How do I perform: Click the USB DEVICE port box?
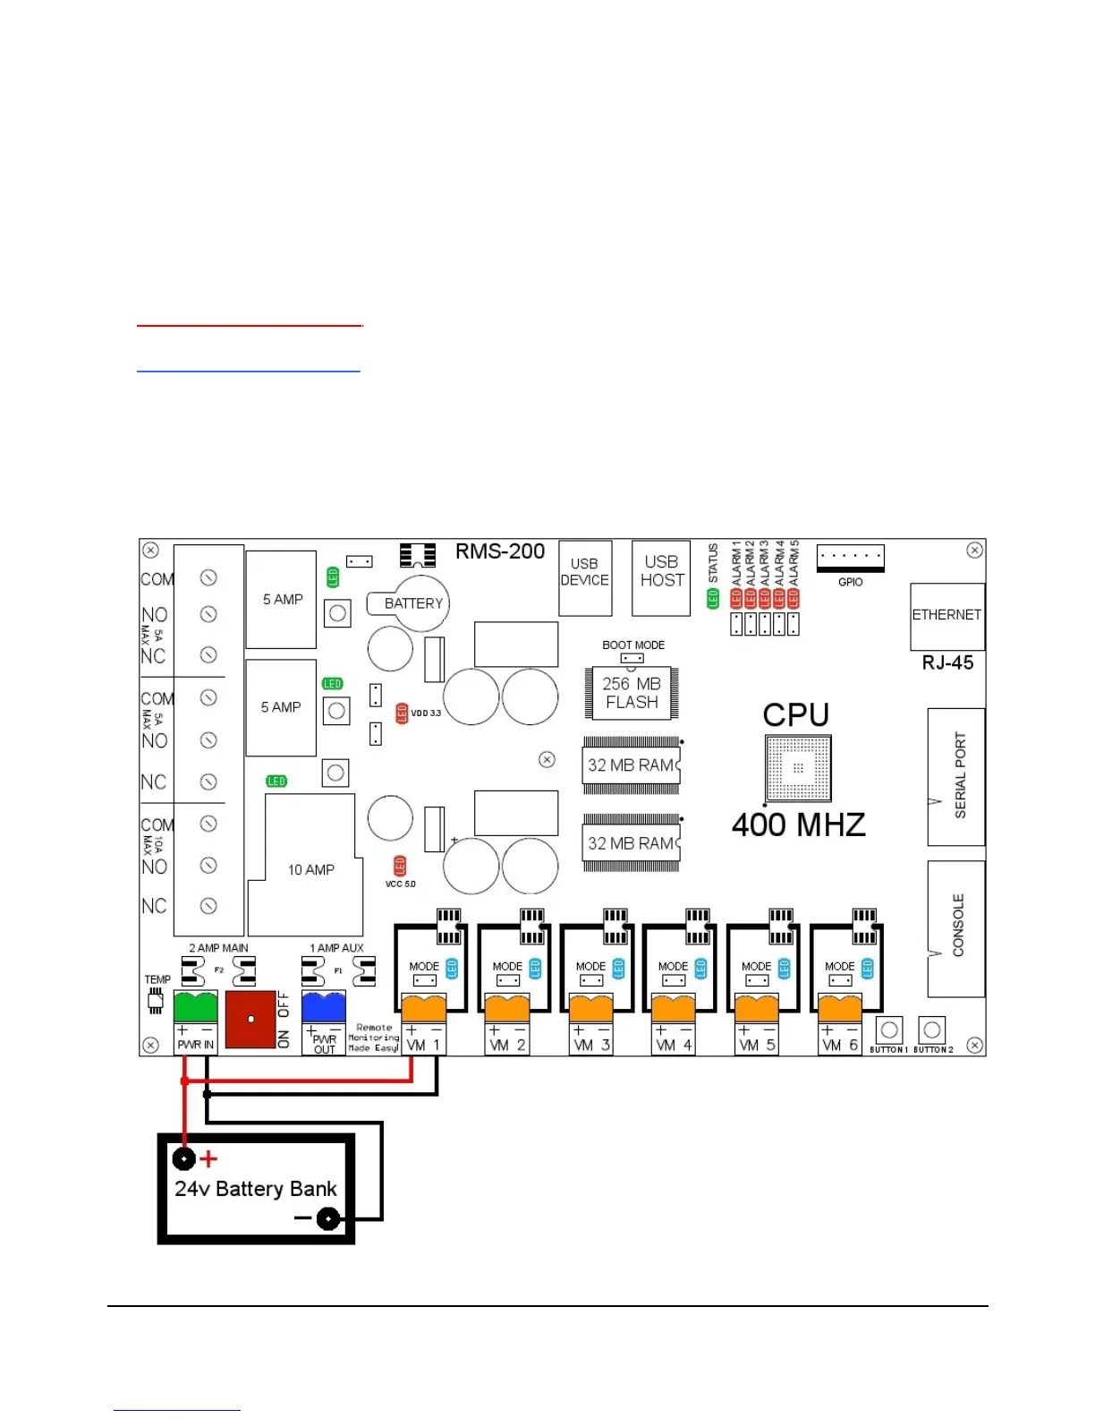pos(585,578)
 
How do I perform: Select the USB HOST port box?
pos(661,578)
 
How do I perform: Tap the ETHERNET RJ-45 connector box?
pos(947,617)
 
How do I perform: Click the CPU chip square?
pos(798,768)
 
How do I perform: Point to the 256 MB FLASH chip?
pos(632,693)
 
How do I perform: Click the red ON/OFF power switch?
pos(250,1019)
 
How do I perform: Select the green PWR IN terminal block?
pos(195,1006)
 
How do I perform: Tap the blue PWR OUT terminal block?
pos(324,1006)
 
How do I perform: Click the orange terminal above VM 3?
pos(590,1008)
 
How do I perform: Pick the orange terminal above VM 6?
pos(840,1008)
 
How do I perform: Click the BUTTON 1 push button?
pos(889,1029)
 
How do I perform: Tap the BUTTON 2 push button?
pos(932,1029)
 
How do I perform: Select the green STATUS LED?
pos(714,599)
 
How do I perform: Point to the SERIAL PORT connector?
pos(956,776)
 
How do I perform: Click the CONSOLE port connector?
pos(956,928)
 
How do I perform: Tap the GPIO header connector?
pos(850,557)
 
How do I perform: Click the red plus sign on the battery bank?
pos(208,1159)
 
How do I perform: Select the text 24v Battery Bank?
pos(256,1189)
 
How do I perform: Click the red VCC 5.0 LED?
pos(400,866)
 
